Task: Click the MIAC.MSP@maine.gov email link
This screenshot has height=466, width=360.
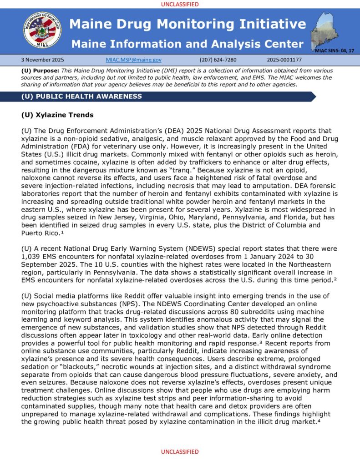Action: point(133,60)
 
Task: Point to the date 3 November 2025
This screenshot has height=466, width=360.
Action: point(43,60)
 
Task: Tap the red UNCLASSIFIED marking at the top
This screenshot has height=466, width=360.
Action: point(180,4)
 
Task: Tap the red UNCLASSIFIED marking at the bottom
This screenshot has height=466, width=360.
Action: point(180,452)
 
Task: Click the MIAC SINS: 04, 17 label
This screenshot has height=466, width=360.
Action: point(335,50)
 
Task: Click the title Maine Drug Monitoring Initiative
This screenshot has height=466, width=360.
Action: point(188,24)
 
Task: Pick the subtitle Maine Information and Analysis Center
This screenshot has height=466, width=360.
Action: point(188,44)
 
